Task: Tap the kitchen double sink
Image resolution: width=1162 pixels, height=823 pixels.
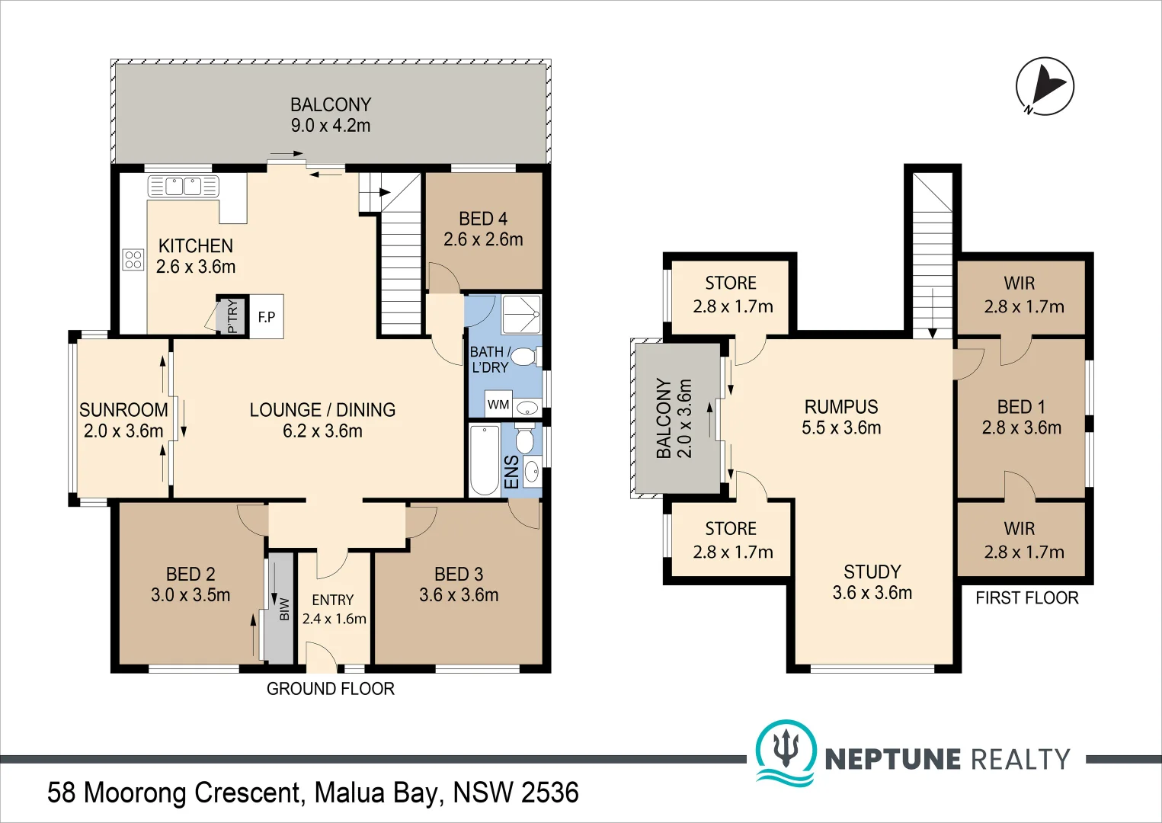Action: point(183,186)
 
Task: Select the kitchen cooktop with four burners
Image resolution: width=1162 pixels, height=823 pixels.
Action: point(133,259)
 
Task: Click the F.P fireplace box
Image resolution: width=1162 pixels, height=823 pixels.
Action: point(267,316)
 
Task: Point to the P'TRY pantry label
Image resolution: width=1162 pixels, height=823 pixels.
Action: point(233,316)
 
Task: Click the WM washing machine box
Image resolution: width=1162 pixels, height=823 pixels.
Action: point(498,404)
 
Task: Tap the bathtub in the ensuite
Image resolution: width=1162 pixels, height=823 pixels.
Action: point(485,460)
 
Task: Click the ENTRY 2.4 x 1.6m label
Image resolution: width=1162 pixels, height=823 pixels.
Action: point(334,609)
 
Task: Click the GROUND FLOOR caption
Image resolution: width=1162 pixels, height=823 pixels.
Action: point(331,689)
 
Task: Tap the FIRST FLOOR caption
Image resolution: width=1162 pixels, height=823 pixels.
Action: point(1026,597)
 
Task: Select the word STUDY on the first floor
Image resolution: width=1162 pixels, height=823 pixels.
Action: point(872,572)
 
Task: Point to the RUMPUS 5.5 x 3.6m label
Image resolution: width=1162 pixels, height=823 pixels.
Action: point(841,417)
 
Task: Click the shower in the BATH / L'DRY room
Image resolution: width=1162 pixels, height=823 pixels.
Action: point(521,314)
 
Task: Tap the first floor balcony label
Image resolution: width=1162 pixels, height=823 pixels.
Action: point(674,418)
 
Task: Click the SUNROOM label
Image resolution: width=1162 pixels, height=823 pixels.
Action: point(123,410)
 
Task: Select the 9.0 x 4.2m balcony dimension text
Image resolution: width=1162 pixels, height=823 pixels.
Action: point(331,126)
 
